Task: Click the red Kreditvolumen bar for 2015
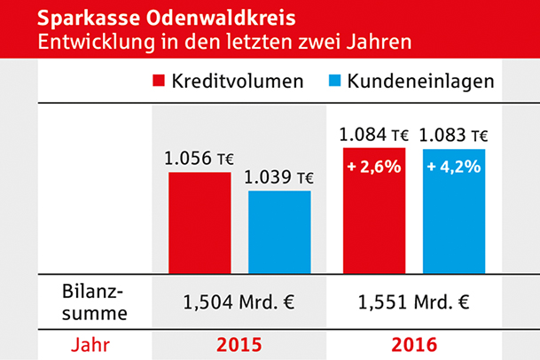199,222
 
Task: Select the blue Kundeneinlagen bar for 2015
279,231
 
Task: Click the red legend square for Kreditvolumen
160,82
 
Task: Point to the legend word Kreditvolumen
239,82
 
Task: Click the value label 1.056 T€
199,160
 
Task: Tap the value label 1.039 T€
279,177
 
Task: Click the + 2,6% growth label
373,165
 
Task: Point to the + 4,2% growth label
455,165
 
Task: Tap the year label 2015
239,343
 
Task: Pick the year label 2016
413,343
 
